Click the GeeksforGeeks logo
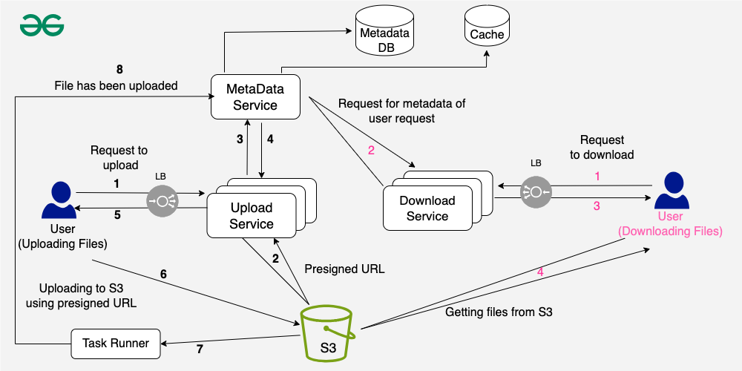42,25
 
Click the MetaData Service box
255,96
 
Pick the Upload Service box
251,216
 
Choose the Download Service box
427,209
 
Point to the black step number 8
119,70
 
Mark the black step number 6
163,274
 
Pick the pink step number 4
540,272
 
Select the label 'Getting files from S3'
499,312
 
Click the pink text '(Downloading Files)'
670,232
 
